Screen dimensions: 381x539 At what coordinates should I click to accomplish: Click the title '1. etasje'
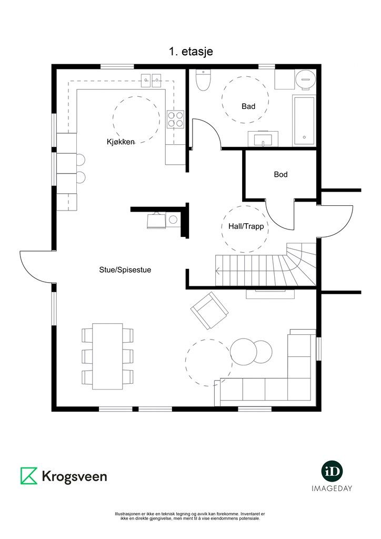tap(190, 52)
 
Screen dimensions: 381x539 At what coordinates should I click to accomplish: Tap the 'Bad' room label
tap(248, 106)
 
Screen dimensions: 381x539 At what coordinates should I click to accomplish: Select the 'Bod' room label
tap(280, 174)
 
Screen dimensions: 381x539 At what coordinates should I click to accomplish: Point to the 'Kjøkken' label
tap(121, 142)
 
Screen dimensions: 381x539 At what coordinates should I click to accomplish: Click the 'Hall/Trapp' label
tap(246, 226)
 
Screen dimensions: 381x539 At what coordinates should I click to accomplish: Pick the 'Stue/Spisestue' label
tap(125, 270)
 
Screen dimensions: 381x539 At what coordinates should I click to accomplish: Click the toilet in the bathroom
tap(203, 80)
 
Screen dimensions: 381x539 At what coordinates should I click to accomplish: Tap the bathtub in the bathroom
tap(304, 121)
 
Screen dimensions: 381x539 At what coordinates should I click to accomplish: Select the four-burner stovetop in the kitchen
tap(175, 119)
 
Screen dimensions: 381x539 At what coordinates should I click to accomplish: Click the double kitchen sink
tap(152, 81)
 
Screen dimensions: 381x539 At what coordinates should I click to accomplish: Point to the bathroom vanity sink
tap(263, 139)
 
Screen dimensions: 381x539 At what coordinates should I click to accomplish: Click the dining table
tap(107, 356)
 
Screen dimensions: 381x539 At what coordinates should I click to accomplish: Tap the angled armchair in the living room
tap(209, 311)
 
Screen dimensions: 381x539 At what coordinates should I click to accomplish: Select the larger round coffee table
tap(244, 352)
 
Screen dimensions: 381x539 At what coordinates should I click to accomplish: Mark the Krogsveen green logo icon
tap(29, 476)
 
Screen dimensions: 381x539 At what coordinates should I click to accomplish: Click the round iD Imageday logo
tap(332, 471)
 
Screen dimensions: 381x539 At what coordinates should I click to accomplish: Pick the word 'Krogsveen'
tap(74, 476)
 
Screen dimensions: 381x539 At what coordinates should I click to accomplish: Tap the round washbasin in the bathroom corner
tap(305, 79)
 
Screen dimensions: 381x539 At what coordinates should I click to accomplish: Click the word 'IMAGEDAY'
tap(332, 488)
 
